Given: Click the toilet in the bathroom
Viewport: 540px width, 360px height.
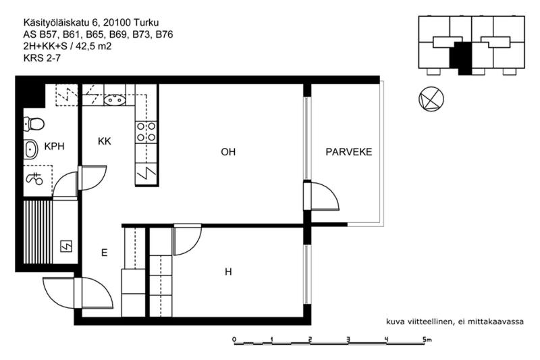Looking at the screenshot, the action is click(x=34, y=124).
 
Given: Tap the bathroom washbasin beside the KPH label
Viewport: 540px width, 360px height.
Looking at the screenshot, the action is click(x=30, y=149).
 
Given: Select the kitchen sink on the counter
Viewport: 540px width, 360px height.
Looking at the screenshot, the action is click(x=114, y=100).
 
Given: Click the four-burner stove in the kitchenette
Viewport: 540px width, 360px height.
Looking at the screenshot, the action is click(x=146, y=132).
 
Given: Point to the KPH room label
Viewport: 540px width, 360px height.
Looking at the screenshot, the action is click(x=55, y=147).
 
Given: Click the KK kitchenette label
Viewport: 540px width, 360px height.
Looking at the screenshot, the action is click(x=105, y=141).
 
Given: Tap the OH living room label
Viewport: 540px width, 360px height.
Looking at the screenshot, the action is click(x=228, y=152).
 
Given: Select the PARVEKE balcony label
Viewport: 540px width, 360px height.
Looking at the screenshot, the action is click(x=349, y=152).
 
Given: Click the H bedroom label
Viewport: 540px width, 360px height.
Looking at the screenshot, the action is click(x=228, y=272).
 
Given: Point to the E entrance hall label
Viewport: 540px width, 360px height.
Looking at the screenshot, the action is click(x=105, y=253).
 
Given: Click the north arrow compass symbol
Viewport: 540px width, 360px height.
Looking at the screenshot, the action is click(x=431, y=99).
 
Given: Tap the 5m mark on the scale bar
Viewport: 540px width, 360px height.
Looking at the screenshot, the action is click(x=427, y=340).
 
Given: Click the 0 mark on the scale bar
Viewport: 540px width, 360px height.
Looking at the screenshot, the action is click(x=234, y=340).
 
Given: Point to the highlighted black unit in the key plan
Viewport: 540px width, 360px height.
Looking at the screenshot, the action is click(x=463, y=58).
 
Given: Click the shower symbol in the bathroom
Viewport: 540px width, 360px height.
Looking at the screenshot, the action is click(x=34, y=179).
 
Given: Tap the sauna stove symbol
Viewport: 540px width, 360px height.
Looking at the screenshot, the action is click(x=66, y=247).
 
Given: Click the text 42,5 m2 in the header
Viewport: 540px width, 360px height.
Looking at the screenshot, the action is click(x=93, y=46).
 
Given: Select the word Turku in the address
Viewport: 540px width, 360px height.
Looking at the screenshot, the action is click(x=146, y=23).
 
